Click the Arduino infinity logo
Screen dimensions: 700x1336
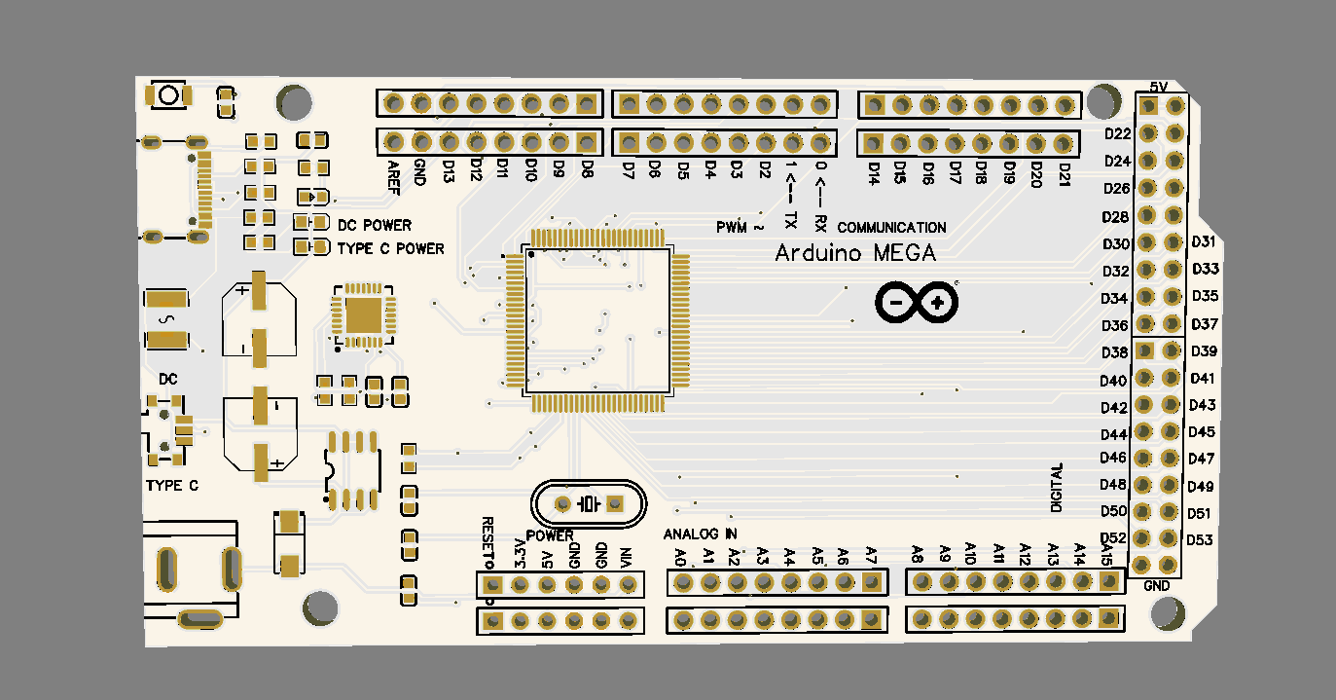916,303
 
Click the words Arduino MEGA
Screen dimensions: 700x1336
855,253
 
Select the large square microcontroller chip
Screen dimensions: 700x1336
597,321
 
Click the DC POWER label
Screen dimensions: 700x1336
374,225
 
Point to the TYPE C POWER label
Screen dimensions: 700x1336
390,249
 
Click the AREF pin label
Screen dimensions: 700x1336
393,176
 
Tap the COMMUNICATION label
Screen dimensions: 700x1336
891,228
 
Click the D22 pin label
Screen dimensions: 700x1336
1117,133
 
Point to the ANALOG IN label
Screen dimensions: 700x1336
700,534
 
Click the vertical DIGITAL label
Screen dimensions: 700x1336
1057,488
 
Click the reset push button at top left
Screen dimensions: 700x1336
168,95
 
